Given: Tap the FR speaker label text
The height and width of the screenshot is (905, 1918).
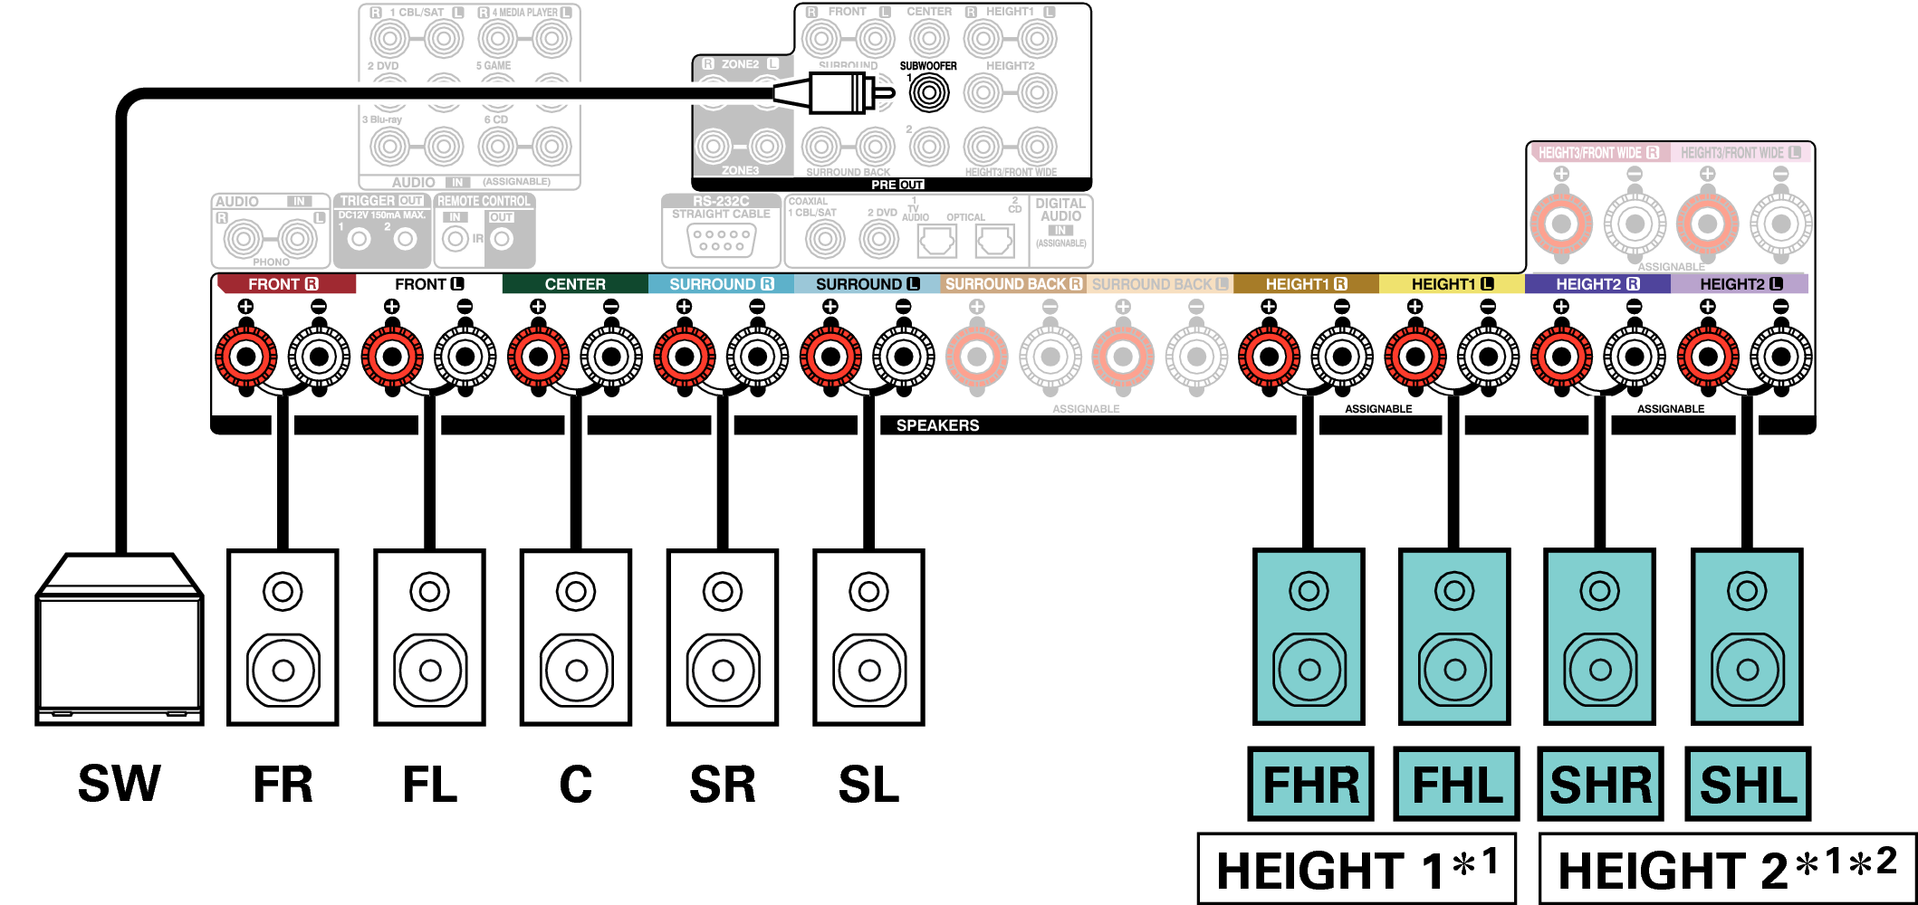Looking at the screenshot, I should (283, 785).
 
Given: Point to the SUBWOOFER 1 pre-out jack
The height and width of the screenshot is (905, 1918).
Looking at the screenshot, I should (929, 93).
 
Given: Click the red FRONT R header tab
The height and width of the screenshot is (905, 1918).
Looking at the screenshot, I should (283, 284).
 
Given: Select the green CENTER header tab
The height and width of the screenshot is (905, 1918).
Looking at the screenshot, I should (575, 284).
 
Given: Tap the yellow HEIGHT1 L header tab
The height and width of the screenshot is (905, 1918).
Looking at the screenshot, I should (1452, 284).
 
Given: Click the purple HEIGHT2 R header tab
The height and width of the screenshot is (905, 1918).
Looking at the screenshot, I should (1597, 284).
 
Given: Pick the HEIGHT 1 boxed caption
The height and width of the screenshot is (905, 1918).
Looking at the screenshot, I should (1357, 870).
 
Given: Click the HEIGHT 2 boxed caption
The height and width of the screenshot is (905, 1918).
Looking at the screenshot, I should (1726, 870).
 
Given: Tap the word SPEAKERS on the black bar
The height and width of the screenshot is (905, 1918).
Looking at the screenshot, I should (937, 425).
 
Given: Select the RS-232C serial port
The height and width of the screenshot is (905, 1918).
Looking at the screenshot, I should (721, 240).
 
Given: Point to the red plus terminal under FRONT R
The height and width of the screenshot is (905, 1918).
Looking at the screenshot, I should (245, 357).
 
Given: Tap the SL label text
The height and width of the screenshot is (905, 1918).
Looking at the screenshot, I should (868, 785).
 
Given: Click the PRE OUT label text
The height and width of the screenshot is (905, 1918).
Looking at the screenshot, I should (897, 185).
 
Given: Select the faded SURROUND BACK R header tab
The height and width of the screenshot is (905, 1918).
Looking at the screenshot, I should (1013, 284).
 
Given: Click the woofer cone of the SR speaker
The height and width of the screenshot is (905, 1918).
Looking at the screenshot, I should (723, 671).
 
